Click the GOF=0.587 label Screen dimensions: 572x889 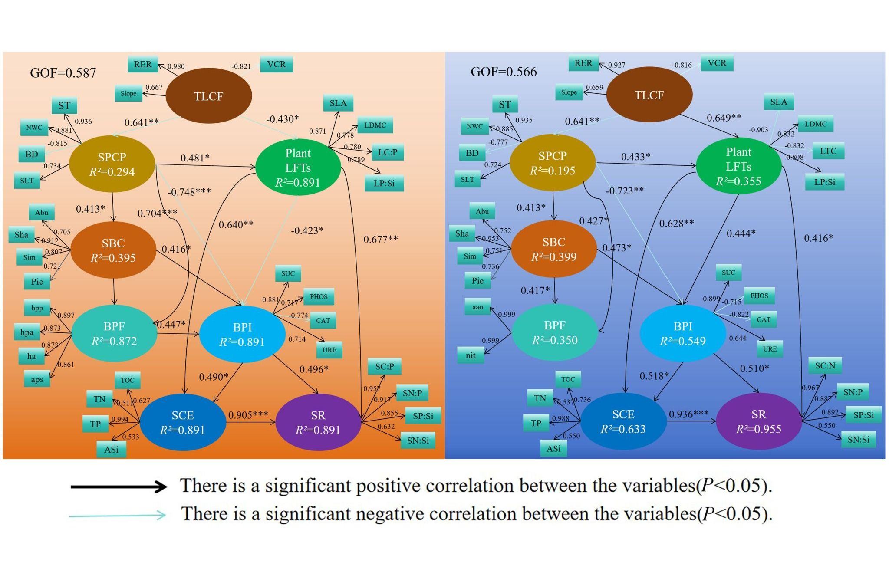point(63,73)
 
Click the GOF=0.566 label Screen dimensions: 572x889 point(504,72)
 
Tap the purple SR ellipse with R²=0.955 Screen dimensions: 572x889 point(759,421)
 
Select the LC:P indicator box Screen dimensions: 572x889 point(388,152)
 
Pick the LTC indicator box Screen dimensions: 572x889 point(828,151)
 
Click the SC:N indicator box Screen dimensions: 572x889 point(825,366)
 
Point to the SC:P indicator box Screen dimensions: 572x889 point(385,367)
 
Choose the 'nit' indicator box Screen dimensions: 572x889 point(471,355)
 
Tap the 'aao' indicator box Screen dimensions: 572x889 point(477,307)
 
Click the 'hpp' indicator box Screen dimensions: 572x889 point(37,308)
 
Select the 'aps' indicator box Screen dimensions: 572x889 point(37,379)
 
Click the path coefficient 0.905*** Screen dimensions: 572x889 point(248,415)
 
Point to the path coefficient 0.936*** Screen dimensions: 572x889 point(688,414)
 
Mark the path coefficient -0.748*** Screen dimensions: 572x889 point(189,192)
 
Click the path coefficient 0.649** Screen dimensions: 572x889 point(724,118)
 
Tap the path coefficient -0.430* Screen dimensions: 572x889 point(282,119)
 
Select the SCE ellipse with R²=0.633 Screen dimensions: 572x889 point(623,421)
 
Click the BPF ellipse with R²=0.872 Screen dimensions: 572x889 point(114,333)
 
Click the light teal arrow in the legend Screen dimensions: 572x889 point(118,515)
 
